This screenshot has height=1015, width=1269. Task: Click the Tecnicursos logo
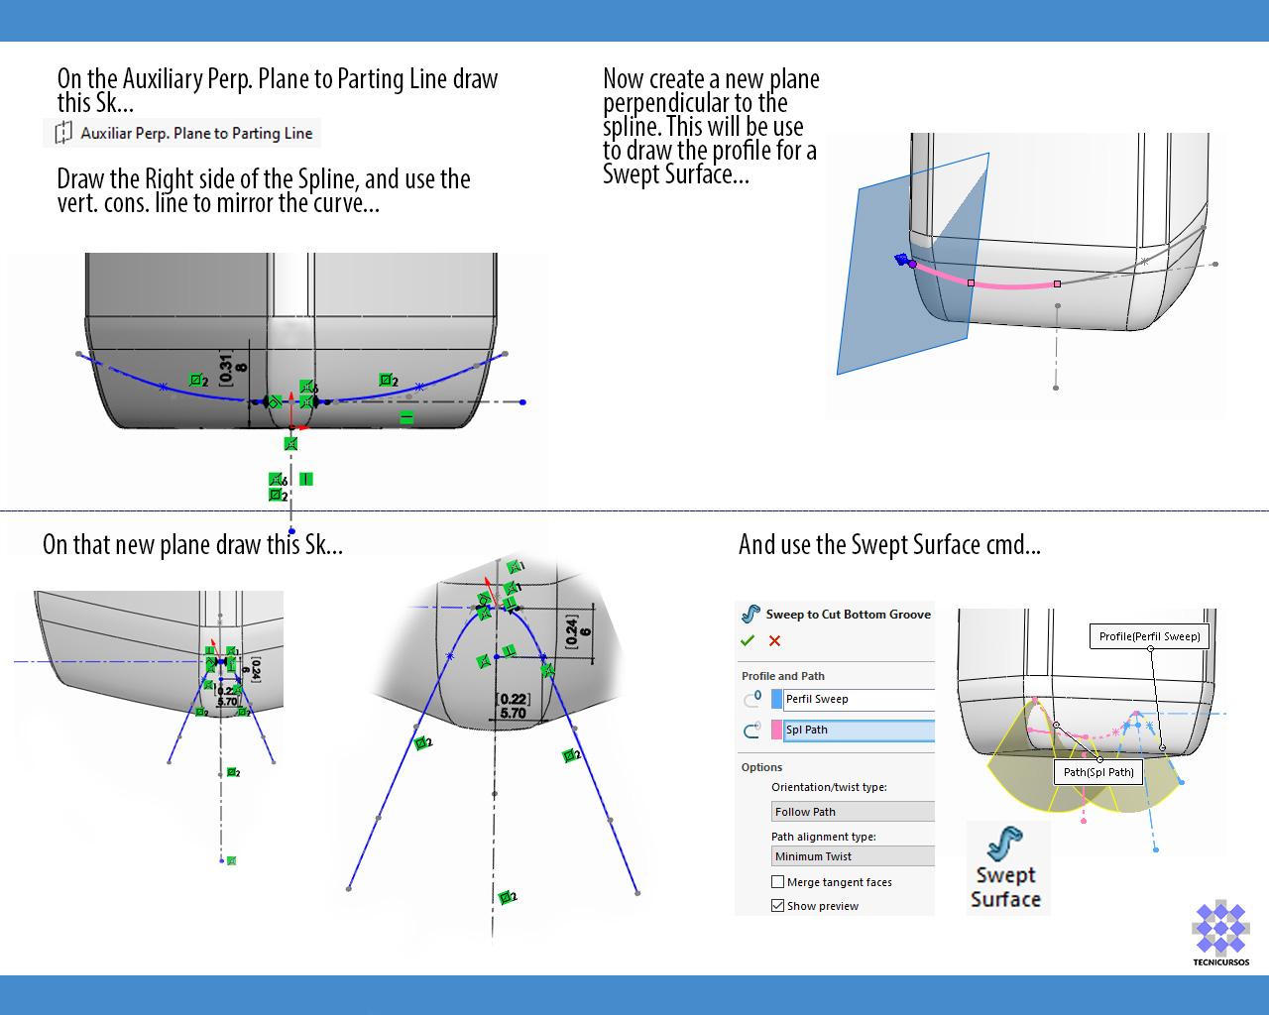click(1220, 930)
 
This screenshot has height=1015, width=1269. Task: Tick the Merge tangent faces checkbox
click(778, 882)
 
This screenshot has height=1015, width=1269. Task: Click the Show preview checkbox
click(778, 905)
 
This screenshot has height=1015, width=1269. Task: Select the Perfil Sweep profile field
click(858, 699)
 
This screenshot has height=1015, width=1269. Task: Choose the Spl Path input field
click(858, 731)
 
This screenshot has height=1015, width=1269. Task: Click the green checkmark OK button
click(748, 640)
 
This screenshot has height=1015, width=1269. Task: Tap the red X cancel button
click(774, 641)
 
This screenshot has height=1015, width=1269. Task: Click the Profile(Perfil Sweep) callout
click(1150, 636)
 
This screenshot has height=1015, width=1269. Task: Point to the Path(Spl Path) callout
click(1098, 772)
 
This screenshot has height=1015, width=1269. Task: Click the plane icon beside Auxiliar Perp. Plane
click(63, 133)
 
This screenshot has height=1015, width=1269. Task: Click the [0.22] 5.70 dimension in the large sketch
click(513, 706)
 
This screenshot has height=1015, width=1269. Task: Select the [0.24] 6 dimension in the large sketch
click(577, 631)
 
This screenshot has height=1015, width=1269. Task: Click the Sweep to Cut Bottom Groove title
click(848, 615)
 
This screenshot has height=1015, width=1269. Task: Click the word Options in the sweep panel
click(761, 767)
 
